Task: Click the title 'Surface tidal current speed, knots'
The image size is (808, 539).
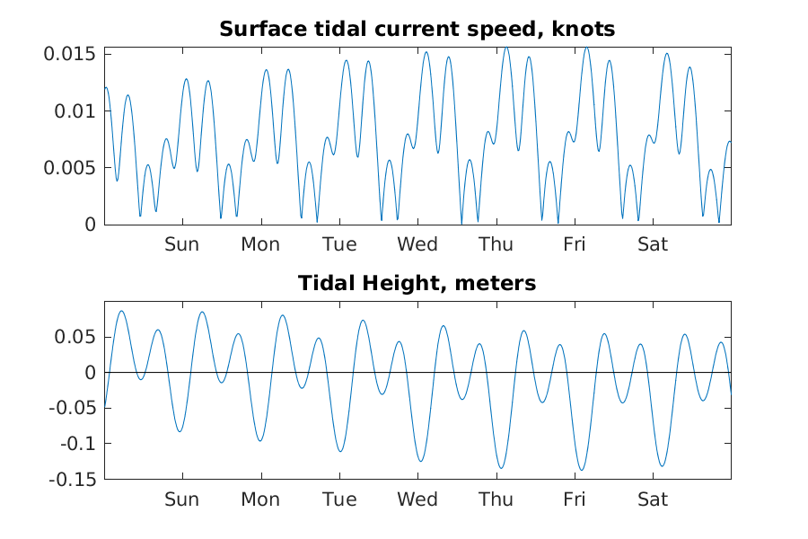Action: [417, 30]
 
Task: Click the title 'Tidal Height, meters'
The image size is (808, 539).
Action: [417, 284]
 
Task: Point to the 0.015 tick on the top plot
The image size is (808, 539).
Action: [69, 54]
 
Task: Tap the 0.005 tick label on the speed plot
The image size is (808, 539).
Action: [69, 168]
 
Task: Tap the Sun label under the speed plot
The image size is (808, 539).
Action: [181, 244]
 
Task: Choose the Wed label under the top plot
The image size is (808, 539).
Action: [417, 244]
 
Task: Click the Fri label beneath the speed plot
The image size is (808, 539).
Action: [575, 244]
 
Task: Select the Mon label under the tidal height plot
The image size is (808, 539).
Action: [260, 499]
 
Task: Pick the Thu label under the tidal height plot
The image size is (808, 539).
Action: [496, 499]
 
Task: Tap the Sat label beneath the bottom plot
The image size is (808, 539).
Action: [653, 499]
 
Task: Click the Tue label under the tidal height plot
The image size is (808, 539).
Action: [338, 499]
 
